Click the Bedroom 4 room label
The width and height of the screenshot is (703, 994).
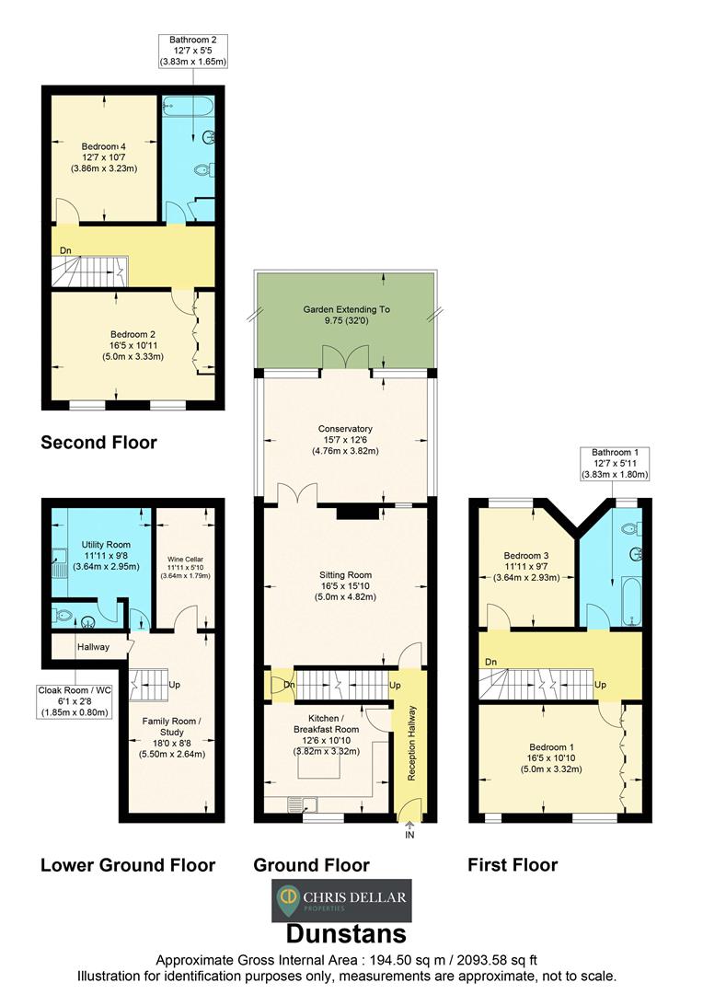click(x=103, y=157)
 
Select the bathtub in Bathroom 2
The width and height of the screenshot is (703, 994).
click(x=189, y=110)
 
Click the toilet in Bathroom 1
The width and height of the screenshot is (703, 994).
click(x=631, y=530)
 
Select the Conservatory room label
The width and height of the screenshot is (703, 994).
click(x=345, y=439)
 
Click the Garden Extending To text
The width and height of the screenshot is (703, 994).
click(x=346, y=316)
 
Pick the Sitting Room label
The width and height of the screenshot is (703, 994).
click(x=345, y=584)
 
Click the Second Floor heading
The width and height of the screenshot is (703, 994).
click(x=98, y=443)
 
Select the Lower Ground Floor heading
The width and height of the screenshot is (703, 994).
click(x=128, y=865)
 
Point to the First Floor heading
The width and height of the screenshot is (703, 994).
click(x=513, y=865)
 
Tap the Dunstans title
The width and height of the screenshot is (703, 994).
click(x=345, y=934)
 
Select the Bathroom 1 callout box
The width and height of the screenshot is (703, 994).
click(x=615, y=463)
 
